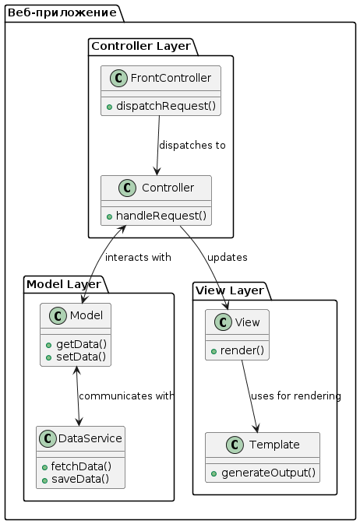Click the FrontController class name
tap(171, 78)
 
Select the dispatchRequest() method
tap(166, 106)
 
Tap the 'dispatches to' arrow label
tap(192, 145)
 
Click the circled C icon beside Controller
tap(127, 188)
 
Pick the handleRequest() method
tap(161, 216)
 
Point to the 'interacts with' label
tap(138, 257)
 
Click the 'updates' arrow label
tap(228, 257)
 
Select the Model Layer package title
tap(64, 284)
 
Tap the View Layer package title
tap(230, 290)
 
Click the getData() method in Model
tap(81, 344)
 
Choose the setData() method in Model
tap(81, 357)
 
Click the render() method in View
tap(242, 350)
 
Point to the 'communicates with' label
tap(126, 396)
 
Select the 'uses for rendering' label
tap(296, 396)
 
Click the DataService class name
tap(90, 438)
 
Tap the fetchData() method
tap(81, 466)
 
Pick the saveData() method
tap(80, 479)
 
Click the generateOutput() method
tap(268, 473)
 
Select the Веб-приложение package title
tap(62, 12)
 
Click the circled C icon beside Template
tap(235, 445)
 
